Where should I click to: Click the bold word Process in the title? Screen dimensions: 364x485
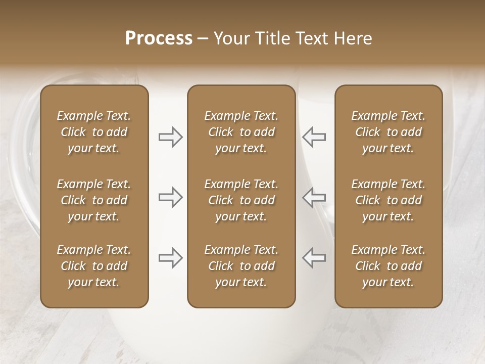[159, 38]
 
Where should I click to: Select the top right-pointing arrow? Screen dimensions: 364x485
[171, 137]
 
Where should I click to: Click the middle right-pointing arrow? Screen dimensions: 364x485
[171, 197]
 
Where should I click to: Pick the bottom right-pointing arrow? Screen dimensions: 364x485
[171, 258]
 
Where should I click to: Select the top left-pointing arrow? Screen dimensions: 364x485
[314, 137]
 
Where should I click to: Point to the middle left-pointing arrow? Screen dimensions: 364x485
[314, 197]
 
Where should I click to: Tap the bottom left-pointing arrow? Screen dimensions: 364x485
[314, 258]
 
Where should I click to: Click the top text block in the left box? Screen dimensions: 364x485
[94, 132]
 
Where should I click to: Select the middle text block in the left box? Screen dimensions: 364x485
[94, 200]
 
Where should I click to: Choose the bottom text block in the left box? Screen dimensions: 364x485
[94, 266]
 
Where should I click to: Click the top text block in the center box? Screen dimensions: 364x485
[241, 132]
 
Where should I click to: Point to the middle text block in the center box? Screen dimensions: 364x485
[241, 200]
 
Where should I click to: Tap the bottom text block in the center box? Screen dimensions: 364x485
[241, 266]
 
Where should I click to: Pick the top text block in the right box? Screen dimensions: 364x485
[389, 132]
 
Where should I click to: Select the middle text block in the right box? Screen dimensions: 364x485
[389, 200]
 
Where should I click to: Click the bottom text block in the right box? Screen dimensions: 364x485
[389, 266]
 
